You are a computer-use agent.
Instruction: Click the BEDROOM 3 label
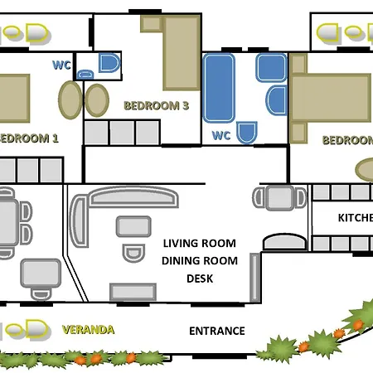157,105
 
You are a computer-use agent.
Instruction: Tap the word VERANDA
88,330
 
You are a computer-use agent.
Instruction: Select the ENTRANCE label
217,331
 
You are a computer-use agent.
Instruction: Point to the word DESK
200,279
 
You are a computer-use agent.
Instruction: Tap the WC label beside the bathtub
221,134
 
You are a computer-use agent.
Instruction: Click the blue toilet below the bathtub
246,133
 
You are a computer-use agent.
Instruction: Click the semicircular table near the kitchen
283,241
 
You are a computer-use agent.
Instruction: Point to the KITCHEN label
355,218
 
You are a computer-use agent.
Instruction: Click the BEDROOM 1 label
30,138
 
